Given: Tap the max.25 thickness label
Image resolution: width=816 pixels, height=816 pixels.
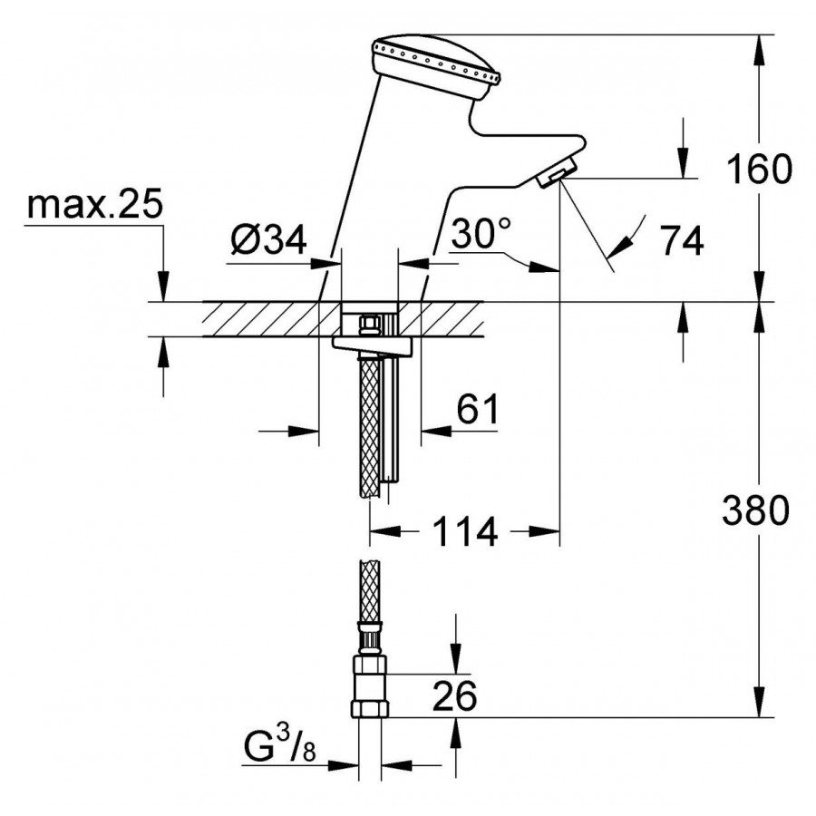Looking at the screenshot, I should [x=94, y=207].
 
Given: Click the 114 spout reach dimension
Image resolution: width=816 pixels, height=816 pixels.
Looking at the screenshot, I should [x=465, y=532].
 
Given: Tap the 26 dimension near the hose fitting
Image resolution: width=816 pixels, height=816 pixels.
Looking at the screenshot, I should [x=453, y=696].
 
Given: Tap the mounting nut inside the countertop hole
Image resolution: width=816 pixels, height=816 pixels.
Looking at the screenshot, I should [x=370, y=324].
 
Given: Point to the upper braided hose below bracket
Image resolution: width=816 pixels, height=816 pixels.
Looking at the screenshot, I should [x=370, y=426].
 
